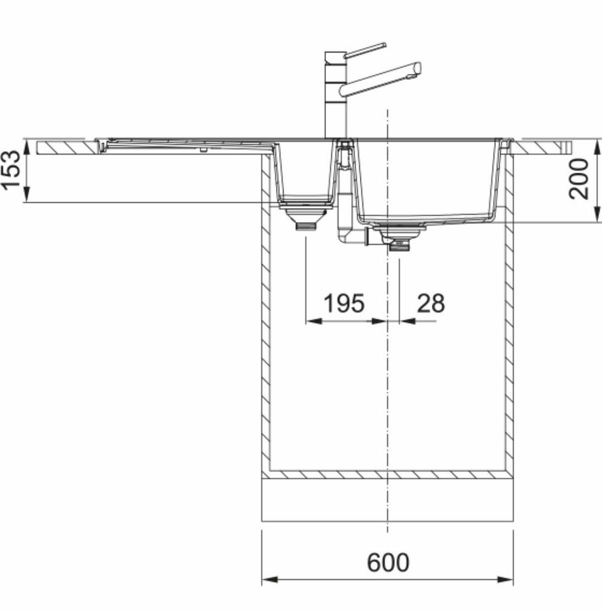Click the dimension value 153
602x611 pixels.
click(x=11, y=170)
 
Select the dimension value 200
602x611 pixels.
click(x=578, y=179)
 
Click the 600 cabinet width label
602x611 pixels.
click(x=388, y=562)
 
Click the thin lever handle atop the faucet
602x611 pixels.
click(x=366, y=50)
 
